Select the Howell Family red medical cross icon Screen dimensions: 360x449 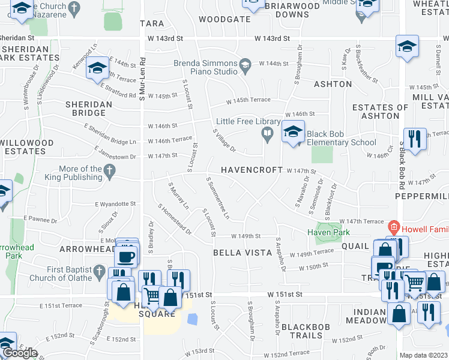(393, 227)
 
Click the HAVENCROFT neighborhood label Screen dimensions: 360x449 (252, 170)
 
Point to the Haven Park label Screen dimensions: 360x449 (328, 232)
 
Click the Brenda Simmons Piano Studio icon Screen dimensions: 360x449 (245, 64)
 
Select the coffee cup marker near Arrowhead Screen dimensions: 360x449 (126, 257)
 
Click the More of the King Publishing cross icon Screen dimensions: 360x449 (109, 171)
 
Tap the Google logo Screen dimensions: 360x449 (20, 353)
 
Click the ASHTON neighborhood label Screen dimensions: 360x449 (333, 85)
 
